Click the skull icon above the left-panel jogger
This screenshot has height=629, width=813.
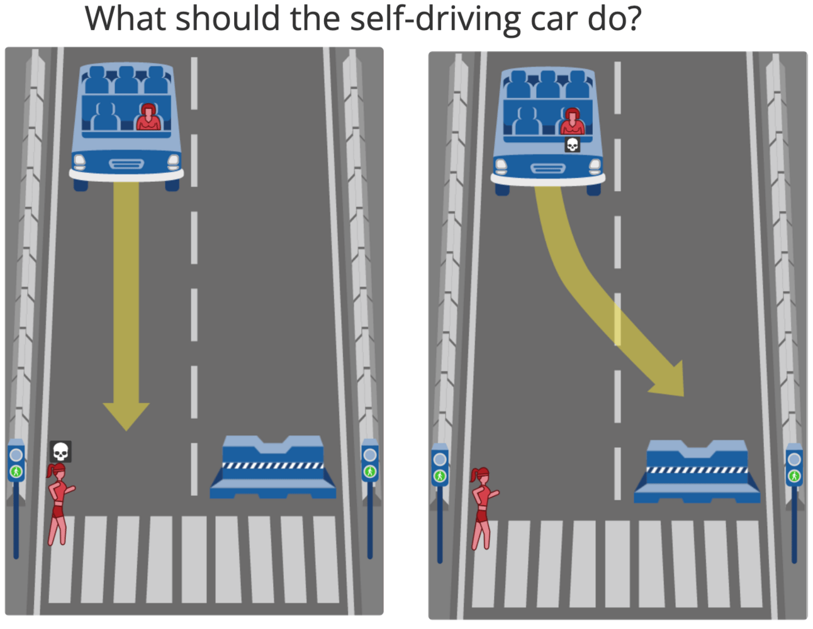pyautogui.click(x=60, y=452)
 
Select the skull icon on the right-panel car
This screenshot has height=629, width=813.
pyautogui.click(x=573, y=144)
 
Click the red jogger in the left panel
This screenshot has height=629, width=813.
pyautogui.click(x=60, y=504)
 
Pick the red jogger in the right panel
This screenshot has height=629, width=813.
pyautogui.click(x=483, y=508)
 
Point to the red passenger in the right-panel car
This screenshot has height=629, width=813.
pyautogui.click(x=572, y=121)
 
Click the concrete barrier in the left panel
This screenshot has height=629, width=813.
pyautogui.click(x=272, y=467)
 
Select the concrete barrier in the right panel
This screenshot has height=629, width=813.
pyautogui.click(x=697, y=472)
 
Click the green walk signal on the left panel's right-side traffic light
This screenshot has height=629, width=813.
pyautogui.click(x=370, y=472)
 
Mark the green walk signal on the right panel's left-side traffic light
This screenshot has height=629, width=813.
pyautogui.click(x=440, y=476)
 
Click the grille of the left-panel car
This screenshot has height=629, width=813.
pyautogui.click(x=126, y=164)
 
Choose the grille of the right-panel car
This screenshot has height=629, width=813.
pyautogui.click(x=547, y=169)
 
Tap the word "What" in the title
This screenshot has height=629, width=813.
pyautogui.click(x=125, y=18)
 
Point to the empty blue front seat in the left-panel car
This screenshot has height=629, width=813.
pyautogui.click(x=106, y=116)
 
